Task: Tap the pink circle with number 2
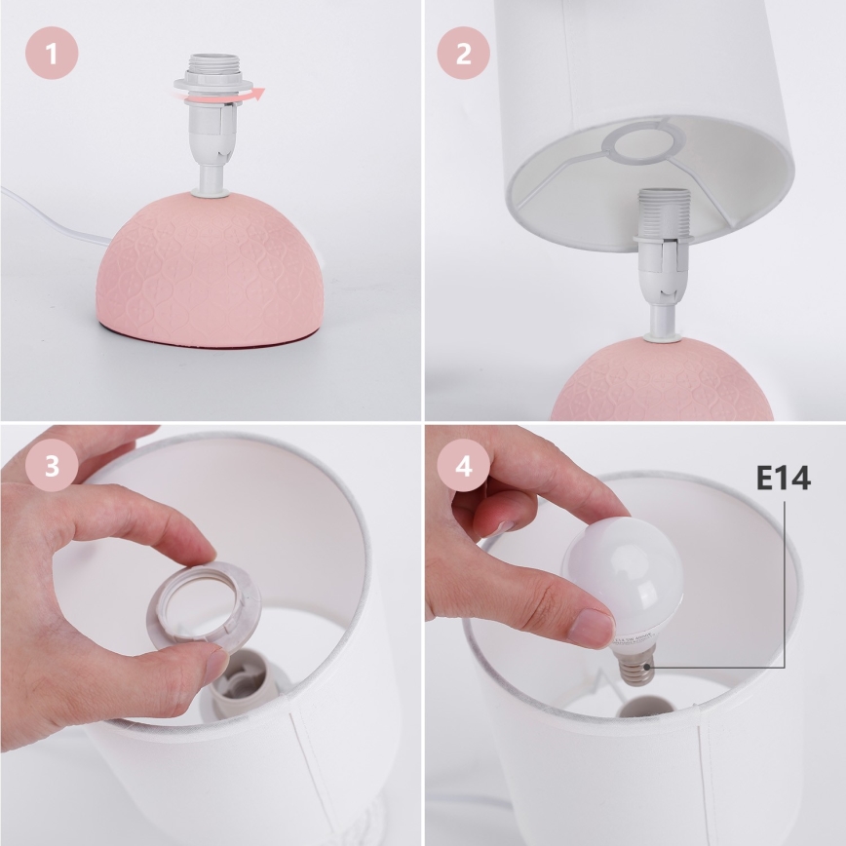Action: coord(463,53)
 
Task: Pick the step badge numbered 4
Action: coord(463,466)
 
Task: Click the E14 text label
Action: coord(783,479)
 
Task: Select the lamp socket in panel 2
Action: coord(662,244)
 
